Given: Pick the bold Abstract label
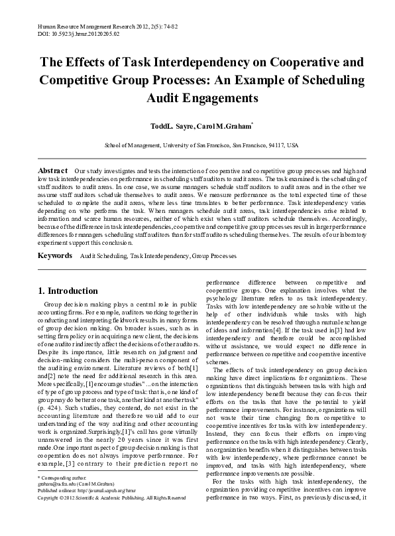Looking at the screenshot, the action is click(x=54, y=171).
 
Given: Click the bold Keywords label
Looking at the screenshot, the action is click(x=54, y=236).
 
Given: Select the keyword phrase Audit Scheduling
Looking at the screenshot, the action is click(x=102, y=237).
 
